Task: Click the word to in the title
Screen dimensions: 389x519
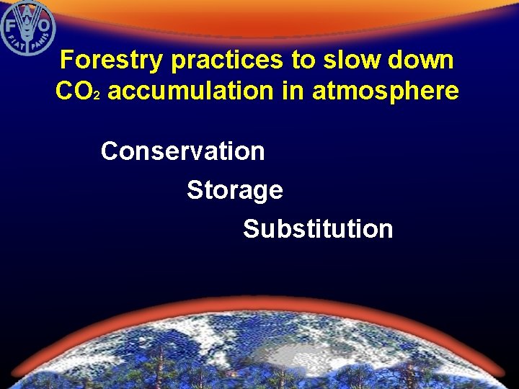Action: click(x=303, y=61)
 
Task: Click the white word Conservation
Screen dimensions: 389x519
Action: click(x=182, y=151)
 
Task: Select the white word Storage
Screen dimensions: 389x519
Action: click(x=234, y=191)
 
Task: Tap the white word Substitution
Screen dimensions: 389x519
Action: click(x=318, y=230)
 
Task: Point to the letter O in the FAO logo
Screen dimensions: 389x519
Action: click(x=45, y=25)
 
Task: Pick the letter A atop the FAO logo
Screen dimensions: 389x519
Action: click(x=27, y=9)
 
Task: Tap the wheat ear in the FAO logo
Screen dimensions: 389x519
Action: click(x=27, y=29)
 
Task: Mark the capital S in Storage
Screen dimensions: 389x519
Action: click(x=194, y=191)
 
